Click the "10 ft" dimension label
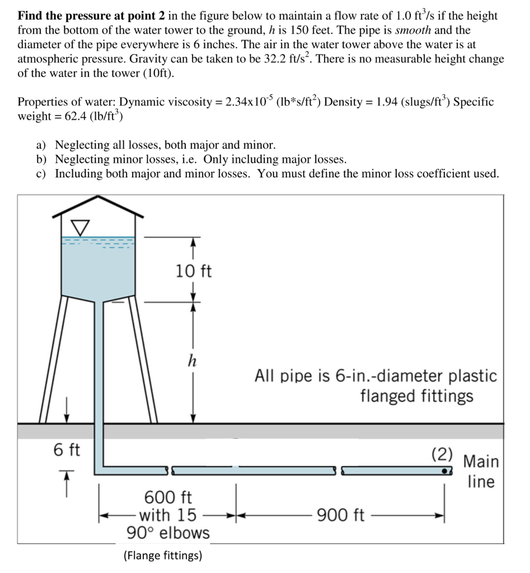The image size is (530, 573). [x=194, y=271]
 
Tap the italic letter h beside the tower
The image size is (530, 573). [x=192, y=361]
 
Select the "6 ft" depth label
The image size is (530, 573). [x=67, y=449]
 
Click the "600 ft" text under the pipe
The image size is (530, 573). [x=168, y=497]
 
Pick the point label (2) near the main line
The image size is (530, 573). [x=443, y=454]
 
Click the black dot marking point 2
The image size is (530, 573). [x=444, y=471]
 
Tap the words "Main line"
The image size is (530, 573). [x=481, y=471]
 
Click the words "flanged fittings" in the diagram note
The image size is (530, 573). [x=416, y=396]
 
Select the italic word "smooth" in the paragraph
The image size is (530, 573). [x=413, y=30]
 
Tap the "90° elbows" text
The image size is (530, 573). [x=168, y=533]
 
